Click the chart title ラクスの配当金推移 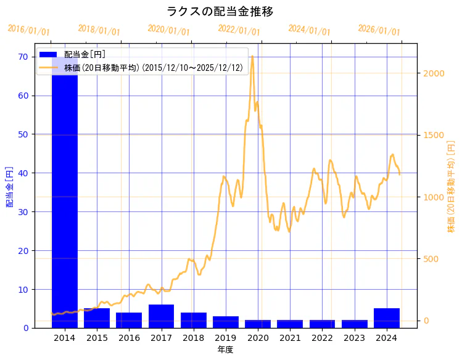click(x=220, y=12)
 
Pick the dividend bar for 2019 click(x=226, y=322)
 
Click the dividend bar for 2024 click(x=387, y=318)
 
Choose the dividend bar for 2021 click(x=290, y=324)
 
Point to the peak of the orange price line click(x=252, y=56)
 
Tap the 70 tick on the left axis click(x=24, y=57)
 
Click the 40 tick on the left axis click(x=24, y=173)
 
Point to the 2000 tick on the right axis click(x=434, y=73)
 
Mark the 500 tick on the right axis click(x=431, y=259)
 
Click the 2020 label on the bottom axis click(x=258, y=338)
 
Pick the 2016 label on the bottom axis click(x=129, y=338)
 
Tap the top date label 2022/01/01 click(x=239, y=30)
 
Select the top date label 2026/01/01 click(x=379, y=30)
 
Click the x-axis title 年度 click(x=225, y=350)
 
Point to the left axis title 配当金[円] click(x=9, y=186)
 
